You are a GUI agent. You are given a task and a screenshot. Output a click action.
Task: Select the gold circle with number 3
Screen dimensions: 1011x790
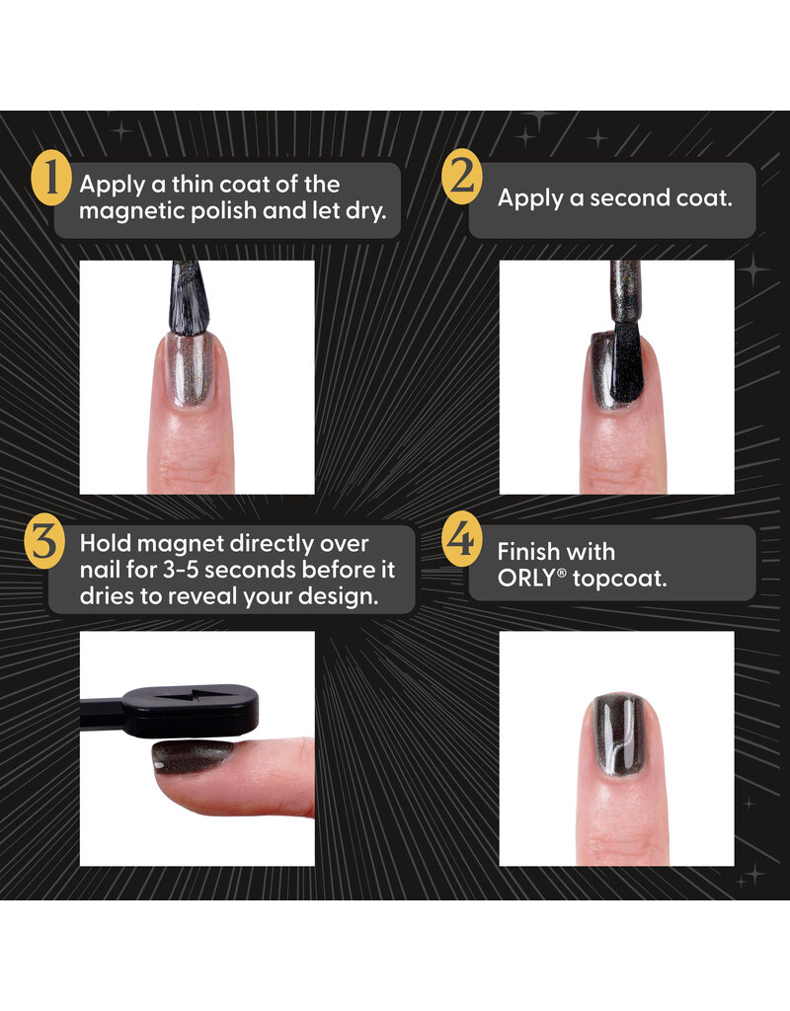point(46,545)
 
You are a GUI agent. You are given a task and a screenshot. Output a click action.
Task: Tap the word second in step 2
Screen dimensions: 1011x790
point(630,197)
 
